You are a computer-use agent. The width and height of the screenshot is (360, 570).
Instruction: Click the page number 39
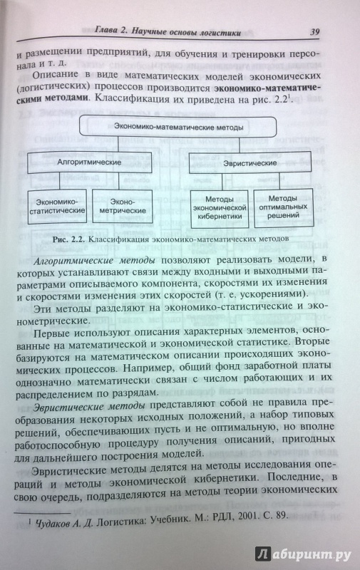click(314, 31)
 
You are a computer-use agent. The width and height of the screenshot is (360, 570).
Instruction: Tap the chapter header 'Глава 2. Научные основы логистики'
click(168, 32)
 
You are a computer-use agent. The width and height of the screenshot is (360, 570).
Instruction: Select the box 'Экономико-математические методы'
click(179, 128)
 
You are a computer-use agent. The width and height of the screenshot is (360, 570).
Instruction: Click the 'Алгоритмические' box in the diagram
click(89, 162)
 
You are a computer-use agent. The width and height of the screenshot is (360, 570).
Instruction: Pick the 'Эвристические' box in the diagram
click(250, 163)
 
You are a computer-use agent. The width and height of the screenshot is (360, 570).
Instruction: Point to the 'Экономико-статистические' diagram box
click(57, 206)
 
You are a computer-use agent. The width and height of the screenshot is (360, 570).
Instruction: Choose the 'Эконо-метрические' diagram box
click(123, 206)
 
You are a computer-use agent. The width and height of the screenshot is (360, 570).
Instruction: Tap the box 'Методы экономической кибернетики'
click(220, 208)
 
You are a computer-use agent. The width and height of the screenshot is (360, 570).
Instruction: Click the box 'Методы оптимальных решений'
click(284, 207)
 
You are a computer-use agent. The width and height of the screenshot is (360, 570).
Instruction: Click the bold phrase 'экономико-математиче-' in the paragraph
click(267, 88)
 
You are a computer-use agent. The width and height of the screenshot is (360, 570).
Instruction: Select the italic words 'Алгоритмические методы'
click(95, 260)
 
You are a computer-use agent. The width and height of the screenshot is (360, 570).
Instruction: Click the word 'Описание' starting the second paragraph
click(55, 75)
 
